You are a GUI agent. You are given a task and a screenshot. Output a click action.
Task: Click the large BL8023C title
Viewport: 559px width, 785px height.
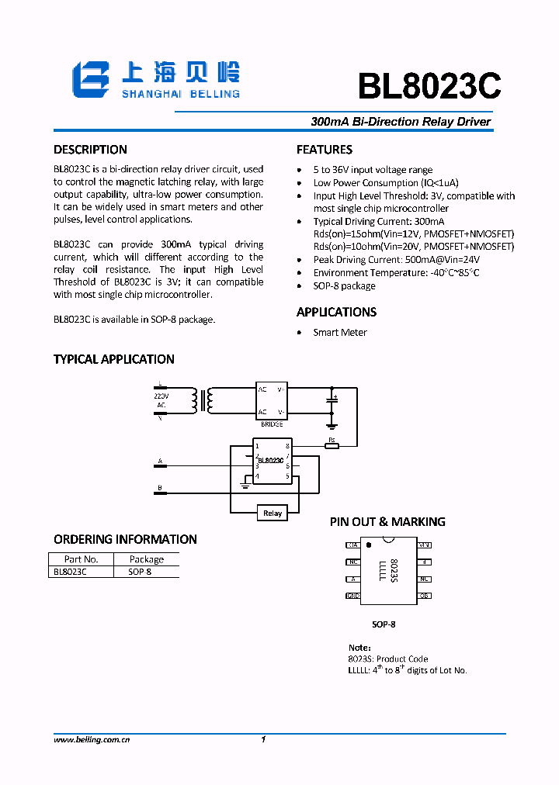(x=429, y=85)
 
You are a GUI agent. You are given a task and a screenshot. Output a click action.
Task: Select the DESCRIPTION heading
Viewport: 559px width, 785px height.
(x=90, y=150)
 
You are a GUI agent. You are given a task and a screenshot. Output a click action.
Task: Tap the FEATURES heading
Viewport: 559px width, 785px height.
(x=325, y=150)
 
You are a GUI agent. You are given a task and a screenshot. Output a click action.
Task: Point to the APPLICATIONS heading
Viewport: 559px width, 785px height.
(x=336, y=312)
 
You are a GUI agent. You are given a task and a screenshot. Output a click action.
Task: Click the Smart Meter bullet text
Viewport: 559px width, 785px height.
(x=340, y=332)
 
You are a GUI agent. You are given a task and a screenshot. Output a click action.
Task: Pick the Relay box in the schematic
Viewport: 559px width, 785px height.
(x=273, y=513)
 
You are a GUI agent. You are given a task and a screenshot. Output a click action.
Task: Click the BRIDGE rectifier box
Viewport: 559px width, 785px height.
(x=272, y=399)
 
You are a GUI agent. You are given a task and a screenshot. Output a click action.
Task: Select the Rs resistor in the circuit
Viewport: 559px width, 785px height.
(x=332, y=445)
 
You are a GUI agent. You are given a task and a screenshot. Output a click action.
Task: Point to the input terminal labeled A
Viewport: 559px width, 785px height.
(x=160, y=462)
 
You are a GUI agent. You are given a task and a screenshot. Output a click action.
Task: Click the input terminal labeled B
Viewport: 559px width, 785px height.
(x=160, y=488)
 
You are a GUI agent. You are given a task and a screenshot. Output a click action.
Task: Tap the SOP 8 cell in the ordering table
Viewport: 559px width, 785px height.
(x=140, y=571)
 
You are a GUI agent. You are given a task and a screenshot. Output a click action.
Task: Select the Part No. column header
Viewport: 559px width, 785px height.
(x=81, y=558)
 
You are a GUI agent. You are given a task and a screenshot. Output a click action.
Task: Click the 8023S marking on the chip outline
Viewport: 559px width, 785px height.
(x=394, y=570)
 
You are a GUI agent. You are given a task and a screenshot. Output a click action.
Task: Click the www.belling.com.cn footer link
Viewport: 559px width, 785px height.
(x=91, y=740)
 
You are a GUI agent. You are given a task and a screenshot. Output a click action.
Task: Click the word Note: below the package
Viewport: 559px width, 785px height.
(x=359, y=647)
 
